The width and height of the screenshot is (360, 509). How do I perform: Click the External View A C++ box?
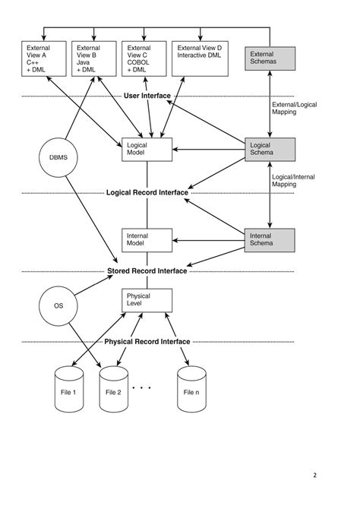point(43,59)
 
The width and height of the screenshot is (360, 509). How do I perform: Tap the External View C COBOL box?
point(144,59)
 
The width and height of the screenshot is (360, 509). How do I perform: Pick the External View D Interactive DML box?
point(200,59)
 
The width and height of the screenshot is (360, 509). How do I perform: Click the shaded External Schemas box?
point(269,58)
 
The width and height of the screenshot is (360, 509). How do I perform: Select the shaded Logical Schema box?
point(269,150)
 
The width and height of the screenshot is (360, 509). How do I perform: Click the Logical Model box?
point(147,150)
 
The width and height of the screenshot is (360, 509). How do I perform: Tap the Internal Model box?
point(147,240)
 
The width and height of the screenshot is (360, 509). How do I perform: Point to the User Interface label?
point(147,96)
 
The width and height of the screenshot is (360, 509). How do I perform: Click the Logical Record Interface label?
point(147,193)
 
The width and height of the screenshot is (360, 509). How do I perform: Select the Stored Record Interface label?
point(147,270)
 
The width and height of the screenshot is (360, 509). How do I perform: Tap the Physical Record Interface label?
point(147,342)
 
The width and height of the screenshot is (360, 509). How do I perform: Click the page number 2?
point(314,476)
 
